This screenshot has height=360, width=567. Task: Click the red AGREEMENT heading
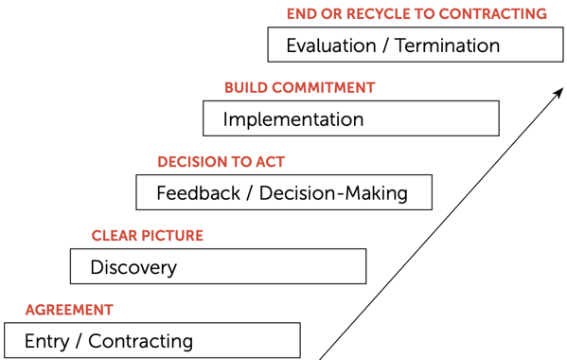coord(69,310)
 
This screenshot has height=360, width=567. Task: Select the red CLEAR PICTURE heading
coord(147,236)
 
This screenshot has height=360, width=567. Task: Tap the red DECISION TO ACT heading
coord(221,162)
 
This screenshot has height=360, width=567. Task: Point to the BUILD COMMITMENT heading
coord(299,88)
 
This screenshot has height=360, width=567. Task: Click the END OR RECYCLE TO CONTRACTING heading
coord(416,14)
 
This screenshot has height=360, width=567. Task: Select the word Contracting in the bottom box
coord(140,341)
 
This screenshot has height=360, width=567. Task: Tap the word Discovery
coord(133,267)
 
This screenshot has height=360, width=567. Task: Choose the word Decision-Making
coord(333,193)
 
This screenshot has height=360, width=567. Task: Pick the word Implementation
coord(292,120)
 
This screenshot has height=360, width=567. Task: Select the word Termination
coord(447,45)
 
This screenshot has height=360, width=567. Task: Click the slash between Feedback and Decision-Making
coord(251,193)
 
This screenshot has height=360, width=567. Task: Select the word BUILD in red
coord(245,88)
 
